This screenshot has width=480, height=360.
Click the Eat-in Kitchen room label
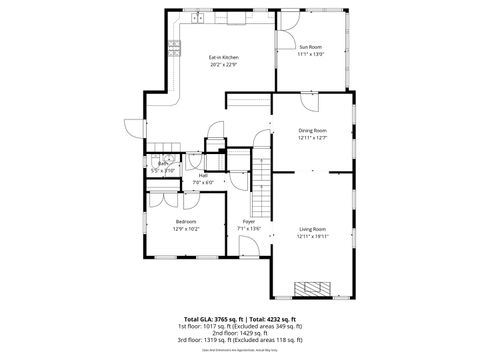[x=223, y=57]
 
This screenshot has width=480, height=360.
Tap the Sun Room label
[x=311, y=47]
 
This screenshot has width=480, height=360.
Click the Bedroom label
[x=186, y=221]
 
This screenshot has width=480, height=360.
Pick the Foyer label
[x=248, y=221]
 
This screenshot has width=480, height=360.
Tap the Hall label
[x=203, y=175]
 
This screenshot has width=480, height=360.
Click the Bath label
[x=162, y=164]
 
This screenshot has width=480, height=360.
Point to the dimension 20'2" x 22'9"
[x=223, y=65]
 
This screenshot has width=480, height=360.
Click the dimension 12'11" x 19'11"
[x=312, y=237]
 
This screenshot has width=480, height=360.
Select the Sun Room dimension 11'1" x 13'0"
[x=311, y=55]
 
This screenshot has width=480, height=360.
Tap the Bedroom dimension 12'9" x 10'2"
[x=186, y=229]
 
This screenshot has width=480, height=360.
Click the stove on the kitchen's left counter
[x=174, y=46]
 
